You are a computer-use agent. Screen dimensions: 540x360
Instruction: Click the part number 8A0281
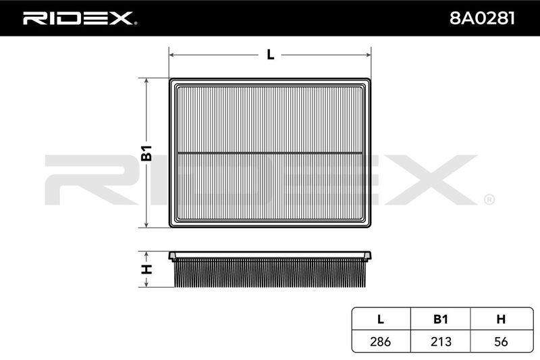pos(482,18)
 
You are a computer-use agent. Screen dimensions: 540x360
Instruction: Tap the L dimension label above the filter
pos(271,55)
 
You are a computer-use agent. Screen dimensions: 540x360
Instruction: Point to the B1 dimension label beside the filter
pos(146,153)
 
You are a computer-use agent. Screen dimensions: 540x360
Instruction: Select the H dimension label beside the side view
pos(146,269)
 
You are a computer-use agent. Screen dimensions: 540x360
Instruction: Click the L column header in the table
pos(381,319)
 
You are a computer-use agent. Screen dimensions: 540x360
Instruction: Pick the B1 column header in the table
pos(441,319)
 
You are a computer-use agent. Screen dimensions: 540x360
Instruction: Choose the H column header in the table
pos(501,319)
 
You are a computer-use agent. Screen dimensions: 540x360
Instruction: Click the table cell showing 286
pos(381,341)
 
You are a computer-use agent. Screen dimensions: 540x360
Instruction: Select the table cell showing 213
pos(441,341)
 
